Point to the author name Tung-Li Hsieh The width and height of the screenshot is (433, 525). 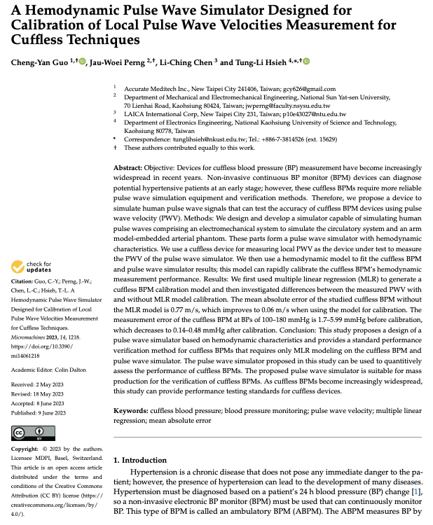coord(263,63)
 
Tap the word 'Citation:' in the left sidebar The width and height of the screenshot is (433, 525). coord(23,281)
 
